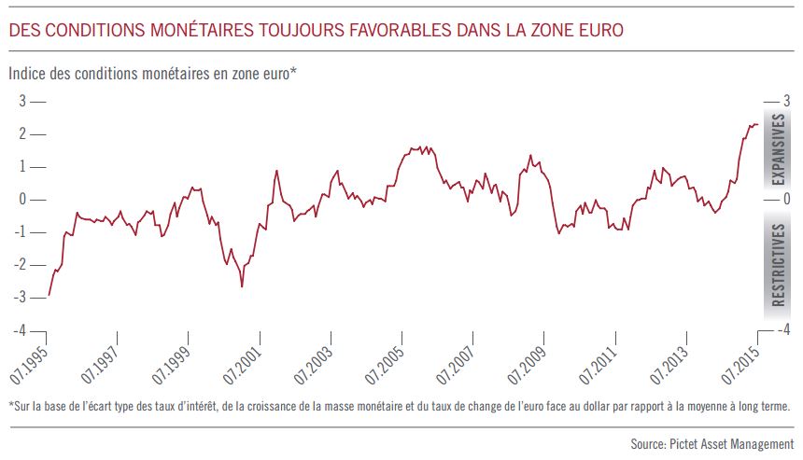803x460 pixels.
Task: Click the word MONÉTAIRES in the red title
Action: pos(202,30)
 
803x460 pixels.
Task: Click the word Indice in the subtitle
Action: pos(27,74)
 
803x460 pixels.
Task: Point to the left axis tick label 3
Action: pos(22,101)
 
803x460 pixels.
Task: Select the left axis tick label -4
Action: pos(20,330)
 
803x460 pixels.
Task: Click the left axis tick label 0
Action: pos(22,199)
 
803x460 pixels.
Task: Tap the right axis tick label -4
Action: pos(784,329)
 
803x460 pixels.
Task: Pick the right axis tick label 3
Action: pos(786,101)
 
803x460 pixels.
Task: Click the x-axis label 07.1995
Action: pos(29,366)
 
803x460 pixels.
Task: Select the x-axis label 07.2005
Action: pos(384,366)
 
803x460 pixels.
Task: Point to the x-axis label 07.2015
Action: pos(740,366)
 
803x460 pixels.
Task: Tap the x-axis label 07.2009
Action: pos(527,366)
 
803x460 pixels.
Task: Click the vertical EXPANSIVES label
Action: pos(778,149)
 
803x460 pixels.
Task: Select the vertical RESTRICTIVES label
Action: pos(778,265)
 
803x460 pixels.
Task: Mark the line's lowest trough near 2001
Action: pos(242,286)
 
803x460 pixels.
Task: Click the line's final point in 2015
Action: pos(757,124)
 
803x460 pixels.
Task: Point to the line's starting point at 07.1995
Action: pos(49,295)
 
